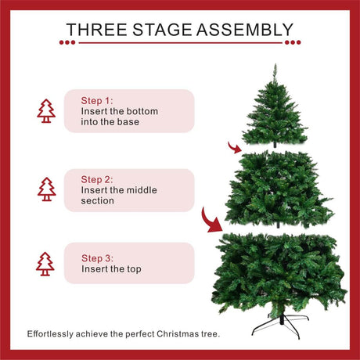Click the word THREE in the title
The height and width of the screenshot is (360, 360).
point(97,30)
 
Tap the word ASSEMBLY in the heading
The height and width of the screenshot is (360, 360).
point(245,30)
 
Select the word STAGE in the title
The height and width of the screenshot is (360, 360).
point(162,30)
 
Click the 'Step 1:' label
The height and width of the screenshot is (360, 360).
point(97,100)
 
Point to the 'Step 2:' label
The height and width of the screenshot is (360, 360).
point(97,179)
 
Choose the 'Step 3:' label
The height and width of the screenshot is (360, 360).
point(97,258)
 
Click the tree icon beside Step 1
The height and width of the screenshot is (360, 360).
point(46,111)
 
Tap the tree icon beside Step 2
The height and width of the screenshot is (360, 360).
point(47,189)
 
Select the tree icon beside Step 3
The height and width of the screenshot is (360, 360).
point(45,264)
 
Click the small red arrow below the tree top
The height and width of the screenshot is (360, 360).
point(235,148)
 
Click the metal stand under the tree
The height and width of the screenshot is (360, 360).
point(281,326)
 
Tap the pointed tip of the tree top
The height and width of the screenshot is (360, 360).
point(275,64)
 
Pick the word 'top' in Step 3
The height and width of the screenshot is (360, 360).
point(134,269)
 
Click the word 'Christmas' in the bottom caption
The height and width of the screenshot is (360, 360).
point(178,334)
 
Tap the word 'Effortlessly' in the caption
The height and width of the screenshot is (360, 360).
point(50,334)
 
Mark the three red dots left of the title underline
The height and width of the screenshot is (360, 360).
point(67,42)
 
